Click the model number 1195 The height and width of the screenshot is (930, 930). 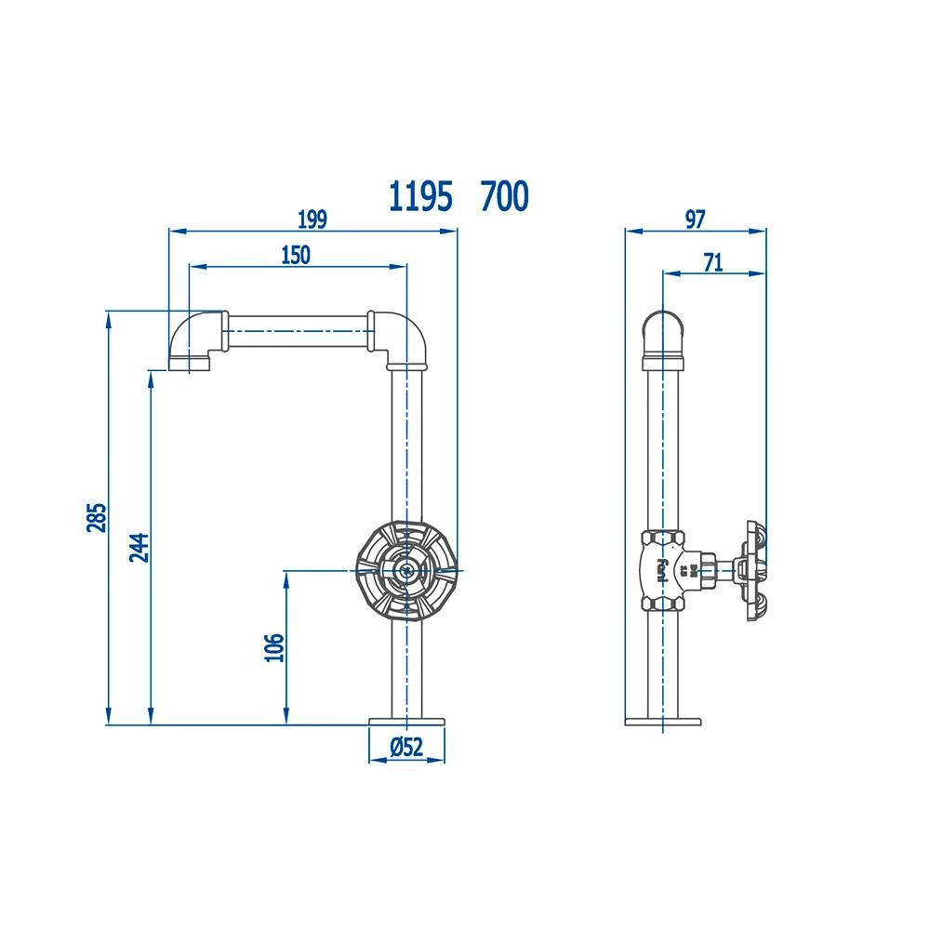pos(420,196)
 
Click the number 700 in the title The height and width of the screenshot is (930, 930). pos(505,196)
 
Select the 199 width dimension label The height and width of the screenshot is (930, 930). pos(312,219)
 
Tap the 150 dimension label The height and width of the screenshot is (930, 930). pos(295,256)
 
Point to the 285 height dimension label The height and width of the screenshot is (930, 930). pos(97,517)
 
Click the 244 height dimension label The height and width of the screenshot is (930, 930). pos(138,547)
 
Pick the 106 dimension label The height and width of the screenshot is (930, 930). pos(272,647)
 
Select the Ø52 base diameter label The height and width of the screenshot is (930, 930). pos(406,746)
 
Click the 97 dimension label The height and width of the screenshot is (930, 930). pos(695,219)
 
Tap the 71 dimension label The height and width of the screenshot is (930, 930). pos(712,263)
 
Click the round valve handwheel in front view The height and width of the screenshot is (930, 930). pos(406,569)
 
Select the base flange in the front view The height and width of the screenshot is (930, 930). pos(407,720)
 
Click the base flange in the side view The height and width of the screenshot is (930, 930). pos(662,720)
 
